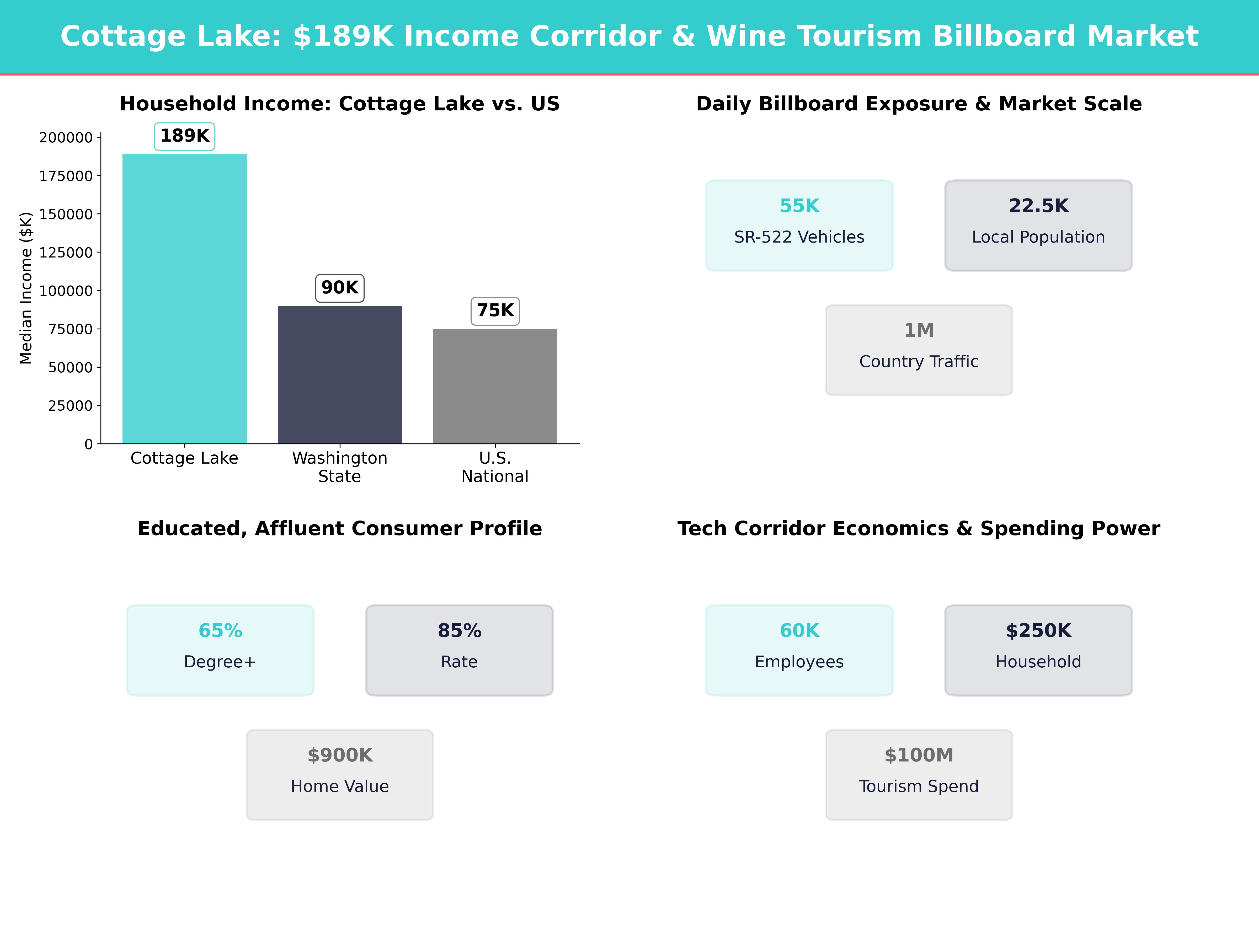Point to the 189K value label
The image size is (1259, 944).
pos(184,136)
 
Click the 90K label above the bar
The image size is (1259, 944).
pos(340,287)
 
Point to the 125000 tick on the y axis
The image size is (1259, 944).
pos(66,253)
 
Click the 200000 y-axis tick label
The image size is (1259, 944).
pos(66,138)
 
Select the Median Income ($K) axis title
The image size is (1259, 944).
pos(26,288)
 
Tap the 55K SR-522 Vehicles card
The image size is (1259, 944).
pos(799,225)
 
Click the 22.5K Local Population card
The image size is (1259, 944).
pos(1038,225)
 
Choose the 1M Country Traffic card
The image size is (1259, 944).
pos(919,350)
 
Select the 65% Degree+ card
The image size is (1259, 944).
pos(220,650)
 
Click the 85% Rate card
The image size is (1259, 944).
pos(459,650)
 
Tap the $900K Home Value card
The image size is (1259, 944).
pos(340,774)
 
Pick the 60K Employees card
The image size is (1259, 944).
pos(799,650)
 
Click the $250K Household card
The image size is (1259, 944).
pos(1038,650)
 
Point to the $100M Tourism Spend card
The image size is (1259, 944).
pos(919,774)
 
